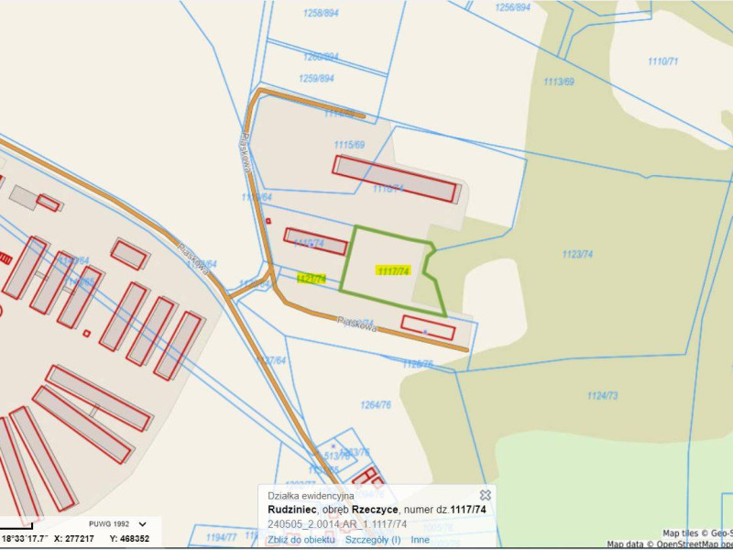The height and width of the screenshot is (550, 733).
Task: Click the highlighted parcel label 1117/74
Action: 392,270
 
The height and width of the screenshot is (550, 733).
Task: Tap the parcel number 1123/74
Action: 577,254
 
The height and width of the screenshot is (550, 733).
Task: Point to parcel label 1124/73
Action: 602,395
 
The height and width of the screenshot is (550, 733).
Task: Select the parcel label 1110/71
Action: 662,61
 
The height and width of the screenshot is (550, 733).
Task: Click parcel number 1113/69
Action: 558,82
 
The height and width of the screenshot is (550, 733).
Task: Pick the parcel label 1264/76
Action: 376,403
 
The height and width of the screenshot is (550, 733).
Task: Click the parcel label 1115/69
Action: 349,145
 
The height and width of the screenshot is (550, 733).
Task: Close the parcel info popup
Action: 486,495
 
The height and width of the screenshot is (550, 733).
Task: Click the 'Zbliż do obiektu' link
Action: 301,540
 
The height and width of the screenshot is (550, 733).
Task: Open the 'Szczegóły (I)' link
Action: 373,540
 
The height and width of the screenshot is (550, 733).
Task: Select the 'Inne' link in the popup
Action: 420,540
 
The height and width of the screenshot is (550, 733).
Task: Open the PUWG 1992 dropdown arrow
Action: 142,525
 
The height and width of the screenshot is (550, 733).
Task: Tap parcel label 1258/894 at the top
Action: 320,13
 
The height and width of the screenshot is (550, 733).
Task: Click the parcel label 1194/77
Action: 221,536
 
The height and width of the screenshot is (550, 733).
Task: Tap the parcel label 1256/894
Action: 512,6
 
